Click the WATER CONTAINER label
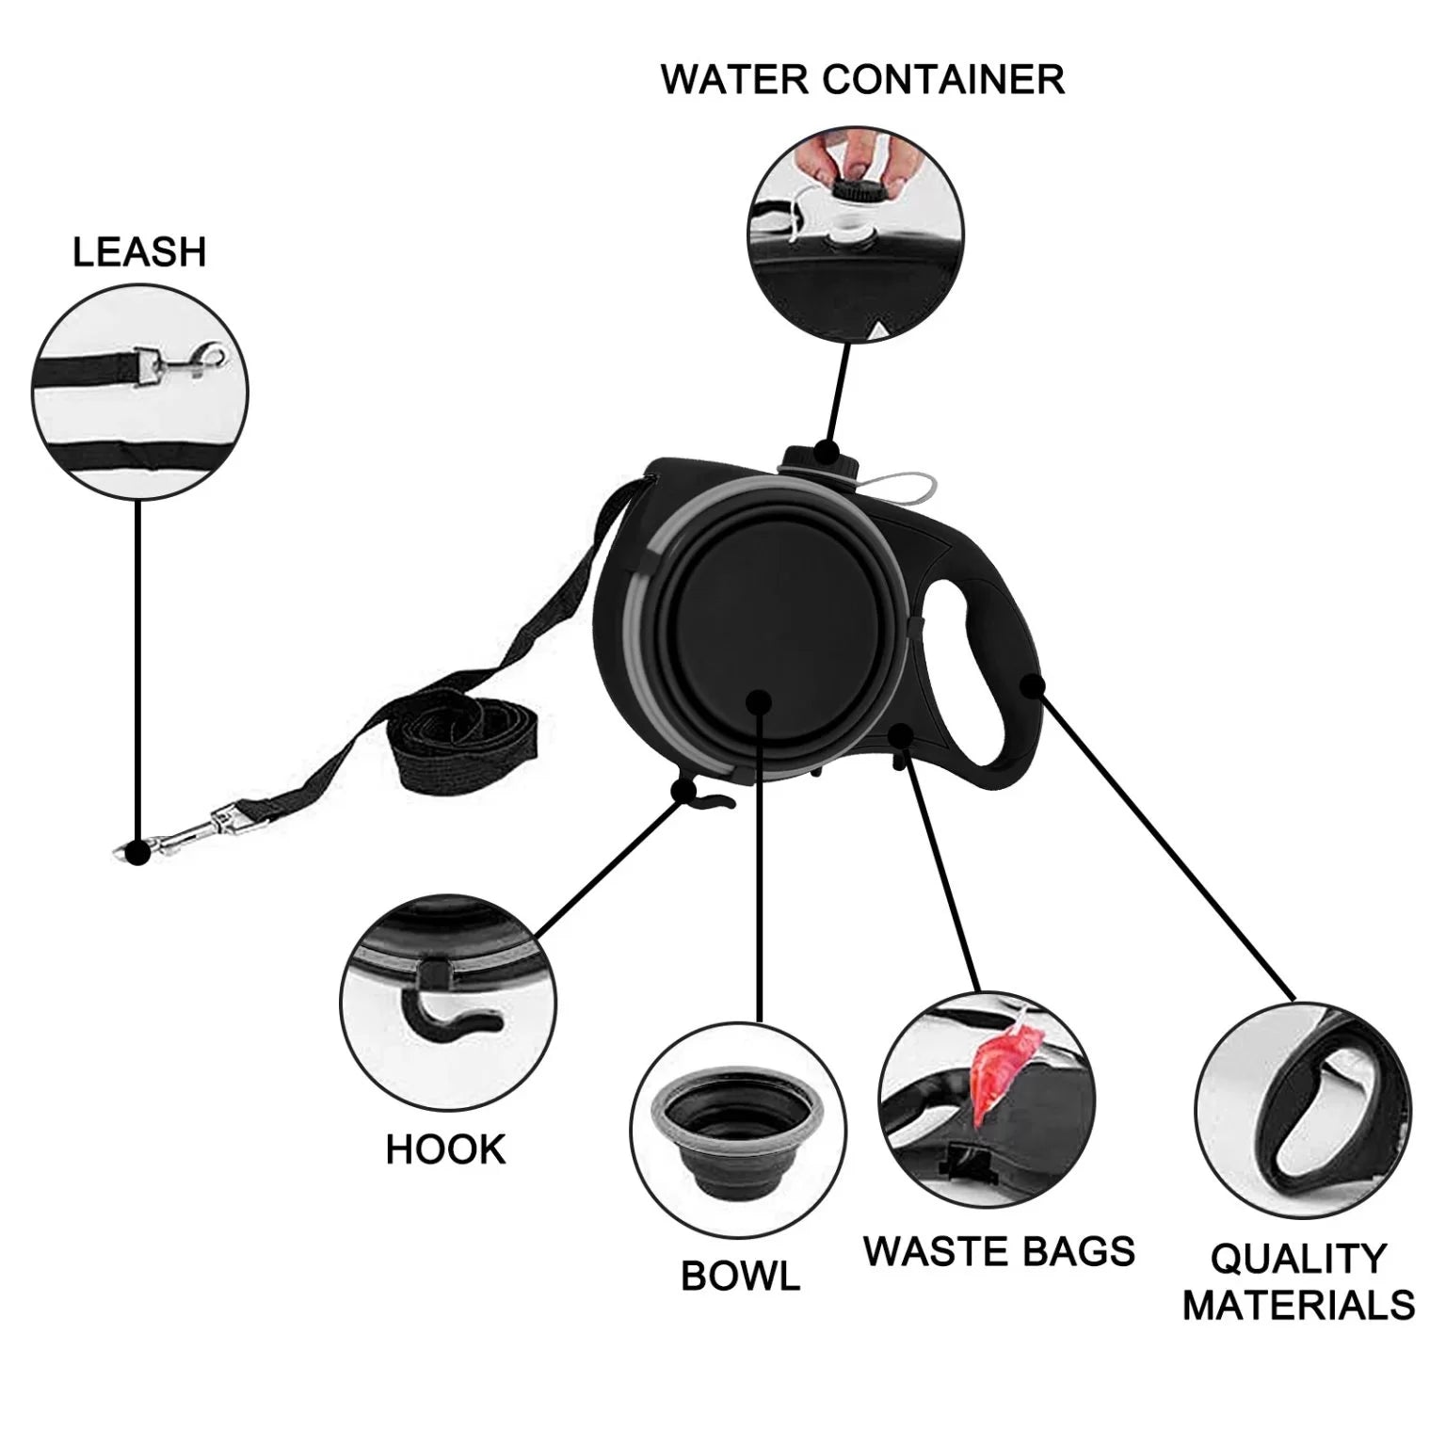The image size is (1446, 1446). click(x=862, y=79)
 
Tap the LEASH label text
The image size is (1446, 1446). click(x=139, y=252)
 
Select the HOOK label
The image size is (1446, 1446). click(x=445, y=1149)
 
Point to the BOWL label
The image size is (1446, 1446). click(x=740, y=1276)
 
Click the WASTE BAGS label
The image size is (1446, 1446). click(x=999, y=1251)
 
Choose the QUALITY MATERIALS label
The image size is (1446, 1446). click(x=1298, y=1281)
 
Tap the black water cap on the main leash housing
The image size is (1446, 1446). click(x=817, y=454)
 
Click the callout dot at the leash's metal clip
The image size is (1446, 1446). click(x=137, y=853)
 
